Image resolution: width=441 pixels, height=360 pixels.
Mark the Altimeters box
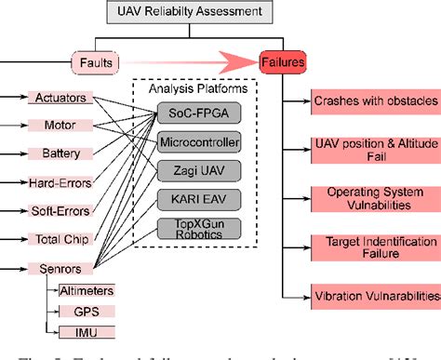(x=87, y=291)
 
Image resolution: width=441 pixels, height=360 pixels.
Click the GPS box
(x=87, y=312)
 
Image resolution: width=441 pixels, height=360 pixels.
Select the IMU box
(x=87, y=332)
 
